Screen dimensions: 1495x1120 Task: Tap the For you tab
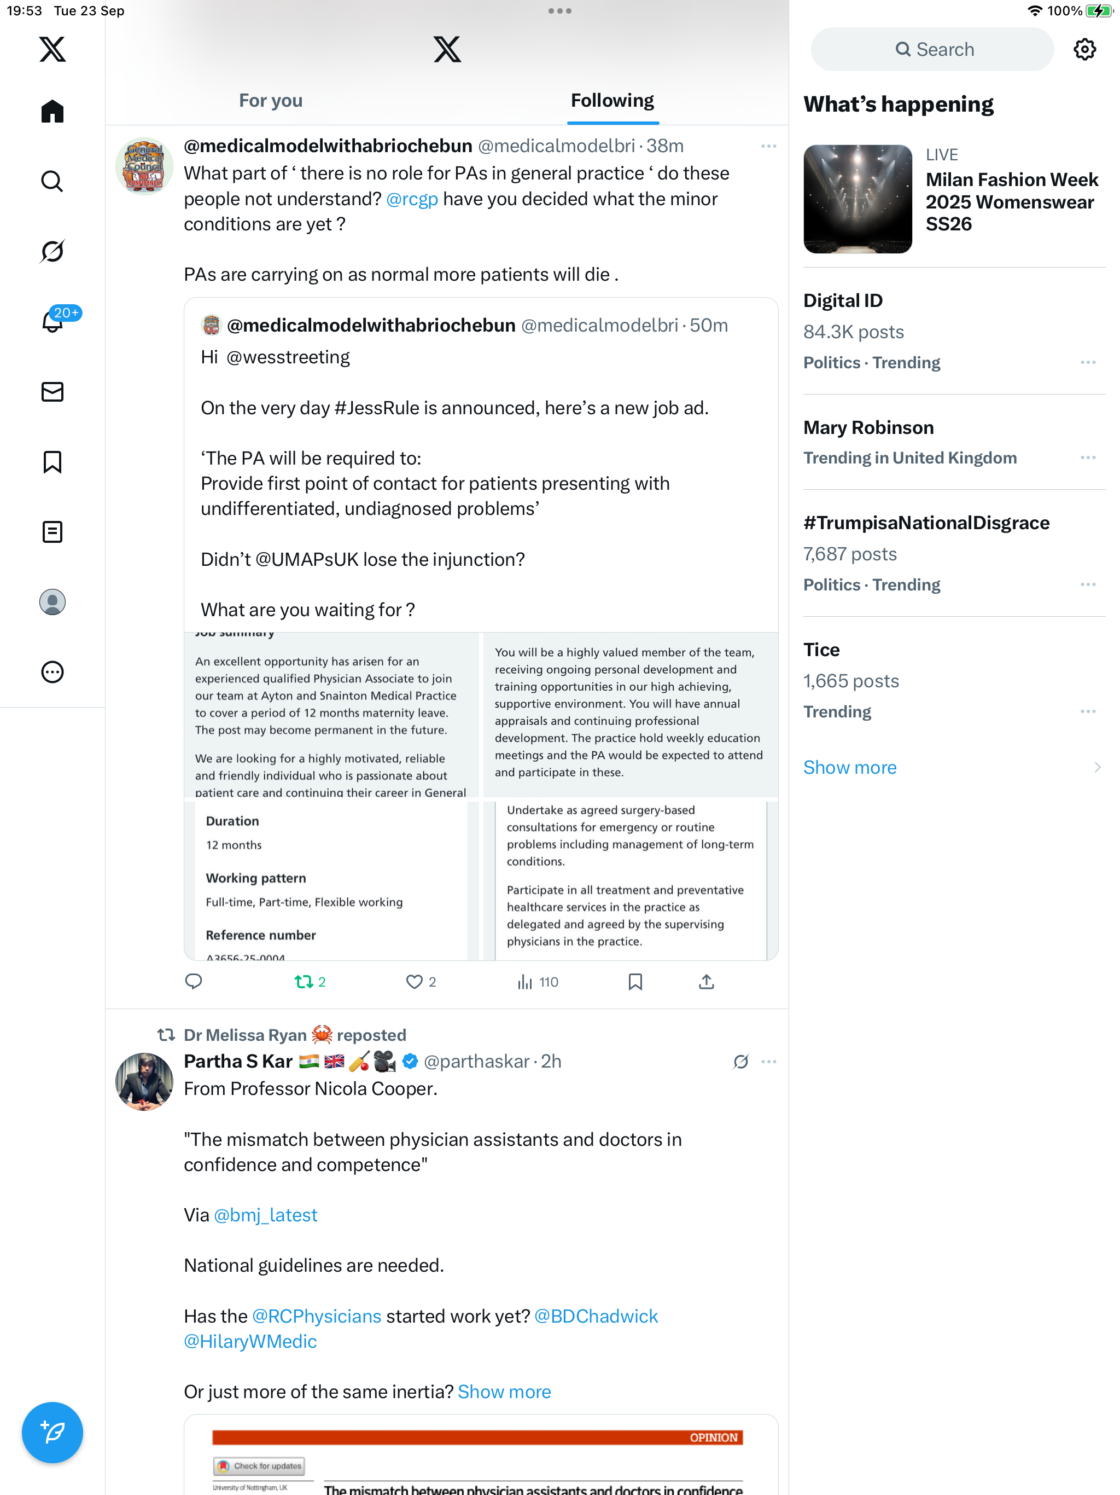tap(270, 101)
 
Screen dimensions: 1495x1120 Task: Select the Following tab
tap(612, 101)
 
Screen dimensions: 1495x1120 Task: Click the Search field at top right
tap(932, 49)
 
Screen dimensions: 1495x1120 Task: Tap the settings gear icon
tap(1084, 49)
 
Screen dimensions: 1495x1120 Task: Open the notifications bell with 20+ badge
tap(52, 322)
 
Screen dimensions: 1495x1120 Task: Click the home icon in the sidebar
tap(52, 112)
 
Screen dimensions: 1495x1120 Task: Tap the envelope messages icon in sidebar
tap(52, 392)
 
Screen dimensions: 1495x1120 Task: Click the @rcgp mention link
tap(412, 199)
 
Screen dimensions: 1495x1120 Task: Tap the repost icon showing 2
tap(304, 981)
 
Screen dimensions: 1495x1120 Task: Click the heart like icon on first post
tap(413, 981)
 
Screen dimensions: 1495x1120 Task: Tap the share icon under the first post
tap(706, 981)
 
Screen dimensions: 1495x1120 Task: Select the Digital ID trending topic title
tap(842, 301)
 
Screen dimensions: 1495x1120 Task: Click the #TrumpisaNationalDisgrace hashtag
tap(926, 523)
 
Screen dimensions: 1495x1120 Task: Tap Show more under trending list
tap(850, 767)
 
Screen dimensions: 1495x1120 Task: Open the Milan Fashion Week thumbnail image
tap(857, 199)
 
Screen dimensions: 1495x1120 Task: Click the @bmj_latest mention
tap(265, 1215)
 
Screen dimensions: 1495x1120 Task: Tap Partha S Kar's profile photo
tap(144, 1081)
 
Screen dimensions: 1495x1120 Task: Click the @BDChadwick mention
tap(596, 1316)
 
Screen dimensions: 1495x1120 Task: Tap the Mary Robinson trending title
tap(868, 428)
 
